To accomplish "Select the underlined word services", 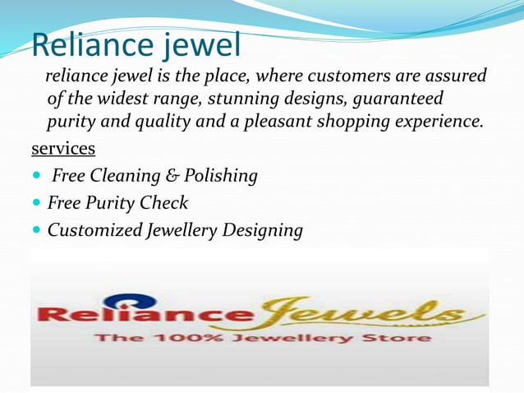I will [62, 150].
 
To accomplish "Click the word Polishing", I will [222, 176].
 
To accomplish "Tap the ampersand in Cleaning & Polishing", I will [170, 176].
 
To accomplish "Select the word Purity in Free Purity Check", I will [118, 203].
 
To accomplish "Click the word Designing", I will [262, 231].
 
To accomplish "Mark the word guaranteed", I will [398, 99].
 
